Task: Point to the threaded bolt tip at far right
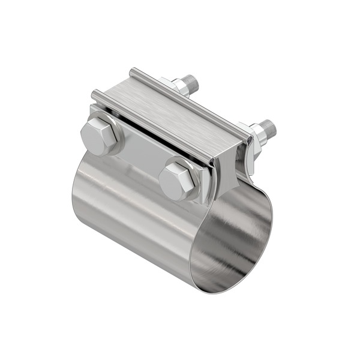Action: (x=268, y=127)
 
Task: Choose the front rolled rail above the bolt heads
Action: (x=150, y=126)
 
